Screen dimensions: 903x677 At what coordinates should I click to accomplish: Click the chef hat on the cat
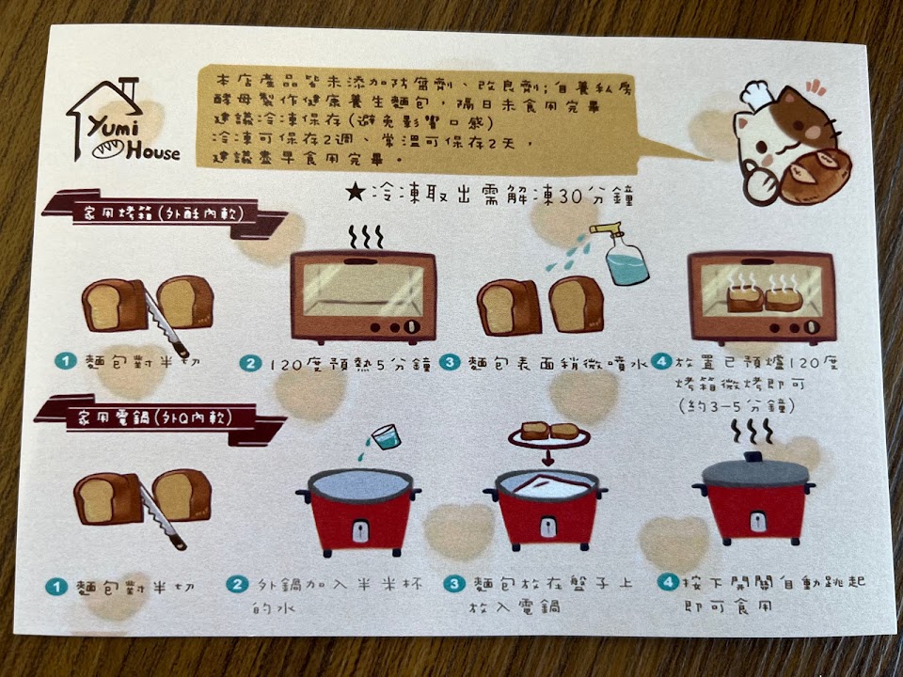coord(755,95)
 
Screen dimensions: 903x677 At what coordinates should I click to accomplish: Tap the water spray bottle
coord(622,254)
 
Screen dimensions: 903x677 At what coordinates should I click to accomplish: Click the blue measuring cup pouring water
coord(386,436)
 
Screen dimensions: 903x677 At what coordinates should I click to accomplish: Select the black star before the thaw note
coord(356,192)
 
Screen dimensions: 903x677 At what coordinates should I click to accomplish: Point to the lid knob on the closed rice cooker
coord(753,457)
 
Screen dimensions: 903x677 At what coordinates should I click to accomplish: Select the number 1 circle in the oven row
coord(66,361)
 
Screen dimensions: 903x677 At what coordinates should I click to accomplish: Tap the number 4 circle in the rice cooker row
coord(668,581)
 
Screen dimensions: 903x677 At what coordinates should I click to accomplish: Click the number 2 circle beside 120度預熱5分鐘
coord(250,363)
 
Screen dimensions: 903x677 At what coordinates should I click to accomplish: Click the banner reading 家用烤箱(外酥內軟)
coord(165,213)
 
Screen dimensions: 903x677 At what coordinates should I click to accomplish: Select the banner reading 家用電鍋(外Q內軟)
coord(160,419)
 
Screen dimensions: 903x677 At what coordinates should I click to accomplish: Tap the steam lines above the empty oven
coord(365,237)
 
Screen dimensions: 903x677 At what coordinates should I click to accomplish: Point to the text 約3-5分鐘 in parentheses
coord(737,406)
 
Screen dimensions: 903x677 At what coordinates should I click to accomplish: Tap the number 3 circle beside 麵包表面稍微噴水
coord(450,362)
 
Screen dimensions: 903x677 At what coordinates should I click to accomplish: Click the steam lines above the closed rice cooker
coord(752,432)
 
